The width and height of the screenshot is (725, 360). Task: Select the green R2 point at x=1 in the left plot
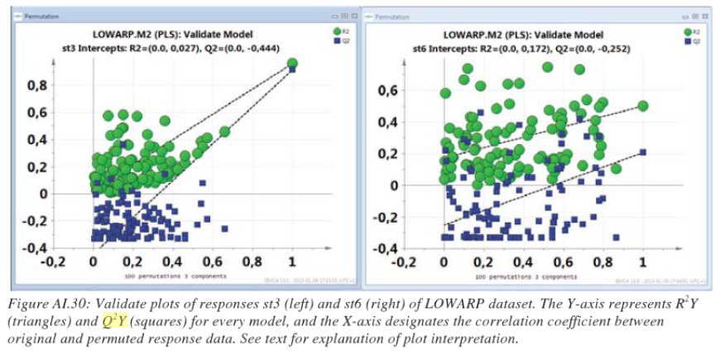click(292, 64)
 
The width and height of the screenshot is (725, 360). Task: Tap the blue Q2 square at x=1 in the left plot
click(292, 70)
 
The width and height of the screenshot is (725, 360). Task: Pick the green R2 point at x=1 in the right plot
click(642, 106)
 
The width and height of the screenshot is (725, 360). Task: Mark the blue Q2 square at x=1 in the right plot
click(642, 151)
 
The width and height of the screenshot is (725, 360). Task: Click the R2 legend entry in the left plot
click(342, 31)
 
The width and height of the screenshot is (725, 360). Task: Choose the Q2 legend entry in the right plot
click(691, 40)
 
